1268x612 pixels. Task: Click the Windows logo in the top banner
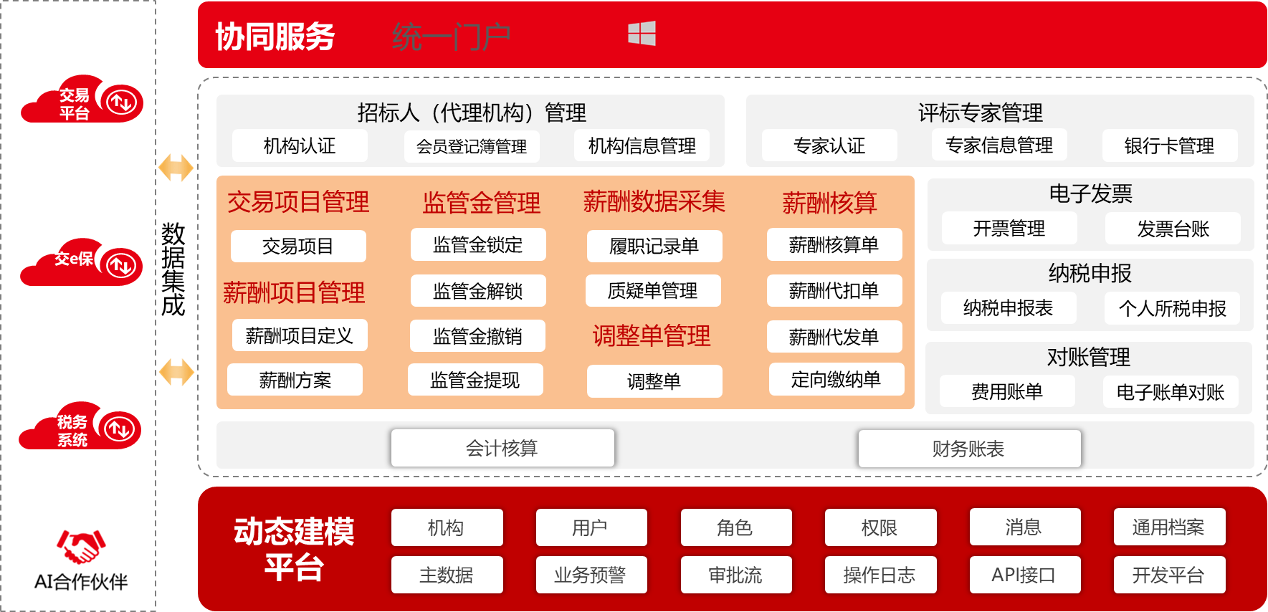point(642,34)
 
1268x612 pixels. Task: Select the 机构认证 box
point(300,146)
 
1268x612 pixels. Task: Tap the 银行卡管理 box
point(1169,146)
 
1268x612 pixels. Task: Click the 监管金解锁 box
point(478,291)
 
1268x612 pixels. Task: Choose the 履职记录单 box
point(654,247)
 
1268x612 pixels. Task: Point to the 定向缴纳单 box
point(836,380)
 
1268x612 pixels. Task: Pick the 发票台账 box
point(1173,229)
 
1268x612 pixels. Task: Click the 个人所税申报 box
point(1172,309)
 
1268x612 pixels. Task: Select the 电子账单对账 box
point(1170,392)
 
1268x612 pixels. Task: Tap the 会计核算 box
point(502,449)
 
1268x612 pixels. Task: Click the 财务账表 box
point(968,449)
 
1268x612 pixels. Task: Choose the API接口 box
point(1024,575)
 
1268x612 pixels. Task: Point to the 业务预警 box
point(591,575)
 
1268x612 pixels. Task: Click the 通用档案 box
point(1168,527)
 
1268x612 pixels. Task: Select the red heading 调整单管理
point(652,336)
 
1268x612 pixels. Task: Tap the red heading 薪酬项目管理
point(294,293)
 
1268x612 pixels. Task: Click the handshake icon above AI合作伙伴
point(80,547)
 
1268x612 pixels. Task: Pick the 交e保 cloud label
point(74,259)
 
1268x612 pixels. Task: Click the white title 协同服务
point(275,37)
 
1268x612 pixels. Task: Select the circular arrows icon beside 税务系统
point(119,429)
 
